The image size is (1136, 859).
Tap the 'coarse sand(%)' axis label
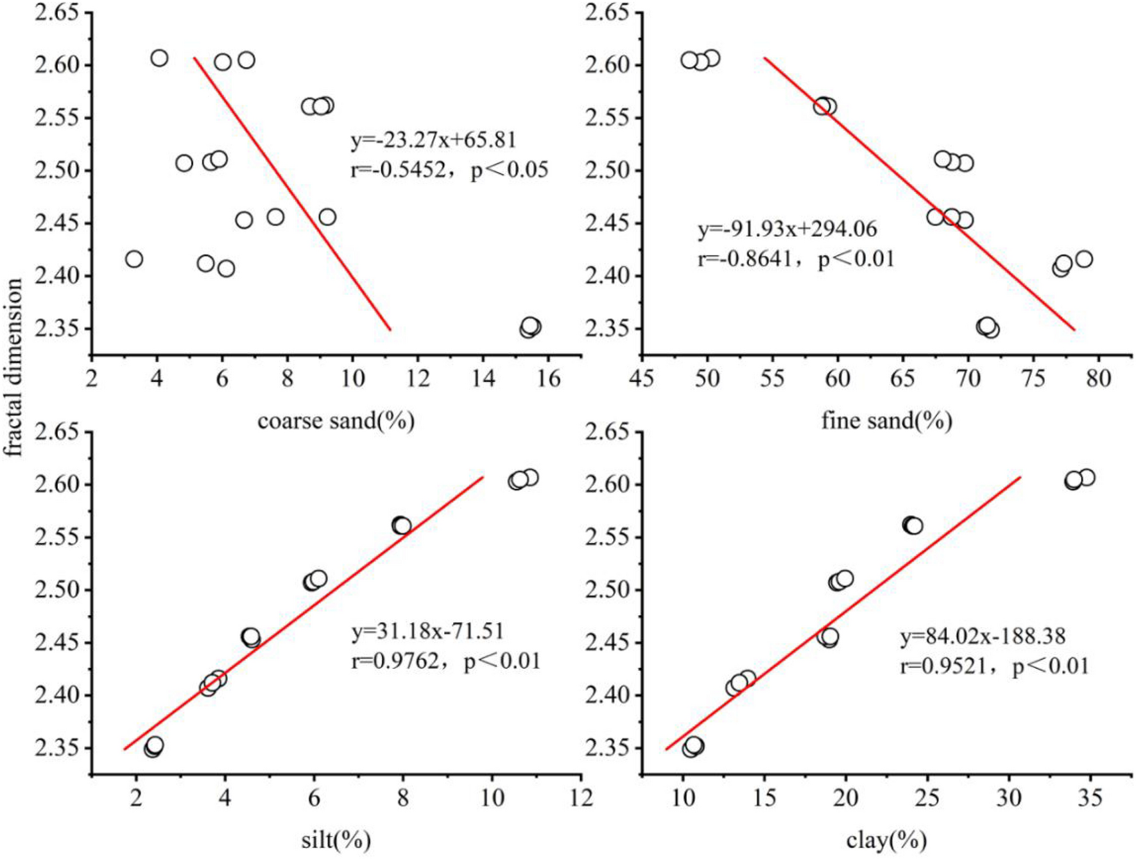(336, 421)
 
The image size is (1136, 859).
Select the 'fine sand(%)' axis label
(886, 421)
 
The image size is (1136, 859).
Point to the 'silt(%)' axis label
(336, 840)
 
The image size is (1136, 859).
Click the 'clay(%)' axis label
(886, 840)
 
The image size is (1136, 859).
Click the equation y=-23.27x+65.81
(433, 140)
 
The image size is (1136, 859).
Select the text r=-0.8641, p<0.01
(796, 259)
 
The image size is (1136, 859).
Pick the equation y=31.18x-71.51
(427, 631)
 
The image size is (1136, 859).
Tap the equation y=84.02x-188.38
(982, 636)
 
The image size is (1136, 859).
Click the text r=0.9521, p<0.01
(994, 666)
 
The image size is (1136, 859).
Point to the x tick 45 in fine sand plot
(641, 379)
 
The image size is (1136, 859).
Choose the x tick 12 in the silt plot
(581, 798)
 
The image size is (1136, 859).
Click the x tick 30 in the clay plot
(1009, 798)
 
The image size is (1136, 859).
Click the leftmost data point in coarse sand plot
(133, 259)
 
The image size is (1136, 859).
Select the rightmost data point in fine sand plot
(1083, 259)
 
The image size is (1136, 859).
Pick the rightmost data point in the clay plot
(1087, 478)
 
